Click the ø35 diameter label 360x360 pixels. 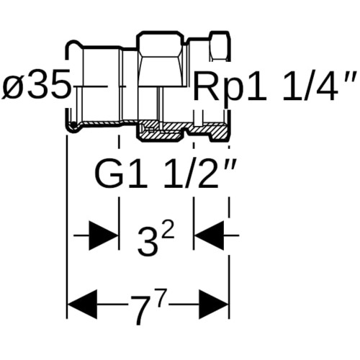(36, 85)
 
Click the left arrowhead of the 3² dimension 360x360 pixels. (104, 235)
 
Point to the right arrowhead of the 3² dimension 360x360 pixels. (209, 235)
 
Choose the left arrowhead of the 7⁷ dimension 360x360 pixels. (83, 305)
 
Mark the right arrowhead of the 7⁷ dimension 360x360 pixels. (214, 305)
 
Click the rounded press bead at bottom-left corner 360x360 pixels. (73, 127)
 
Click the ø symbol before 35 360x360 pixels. (12, 85)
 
